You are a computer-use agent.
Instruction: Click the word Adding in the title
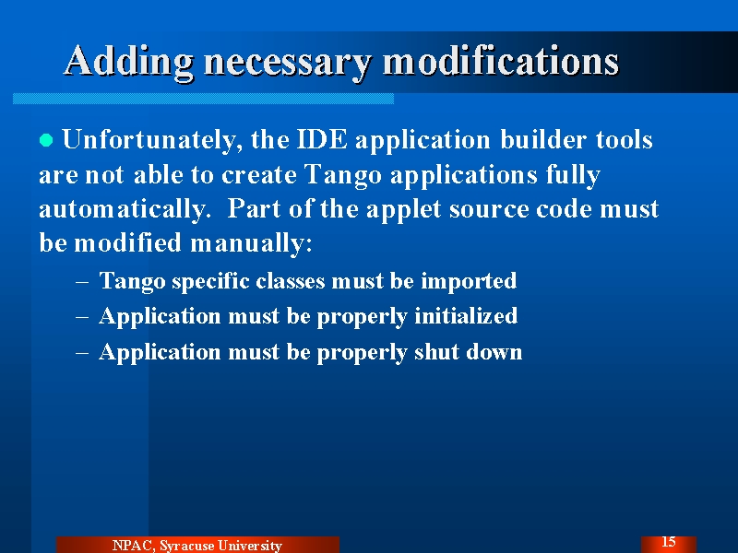point(128,62)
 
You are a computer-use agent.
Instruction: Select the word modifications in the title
point(501,60)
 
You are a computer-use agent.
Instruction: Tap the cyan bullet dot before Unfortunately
point(46,140)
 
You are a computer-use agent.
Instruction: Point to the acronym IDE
point(322,139)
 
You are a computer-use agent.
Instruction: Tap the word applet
point(403,210)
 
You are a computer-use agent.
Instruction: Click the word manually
point(251,244)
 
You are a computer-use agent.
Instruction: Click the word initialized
point(466,316)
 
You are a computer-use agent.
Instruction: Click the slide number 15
point(668,542)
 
